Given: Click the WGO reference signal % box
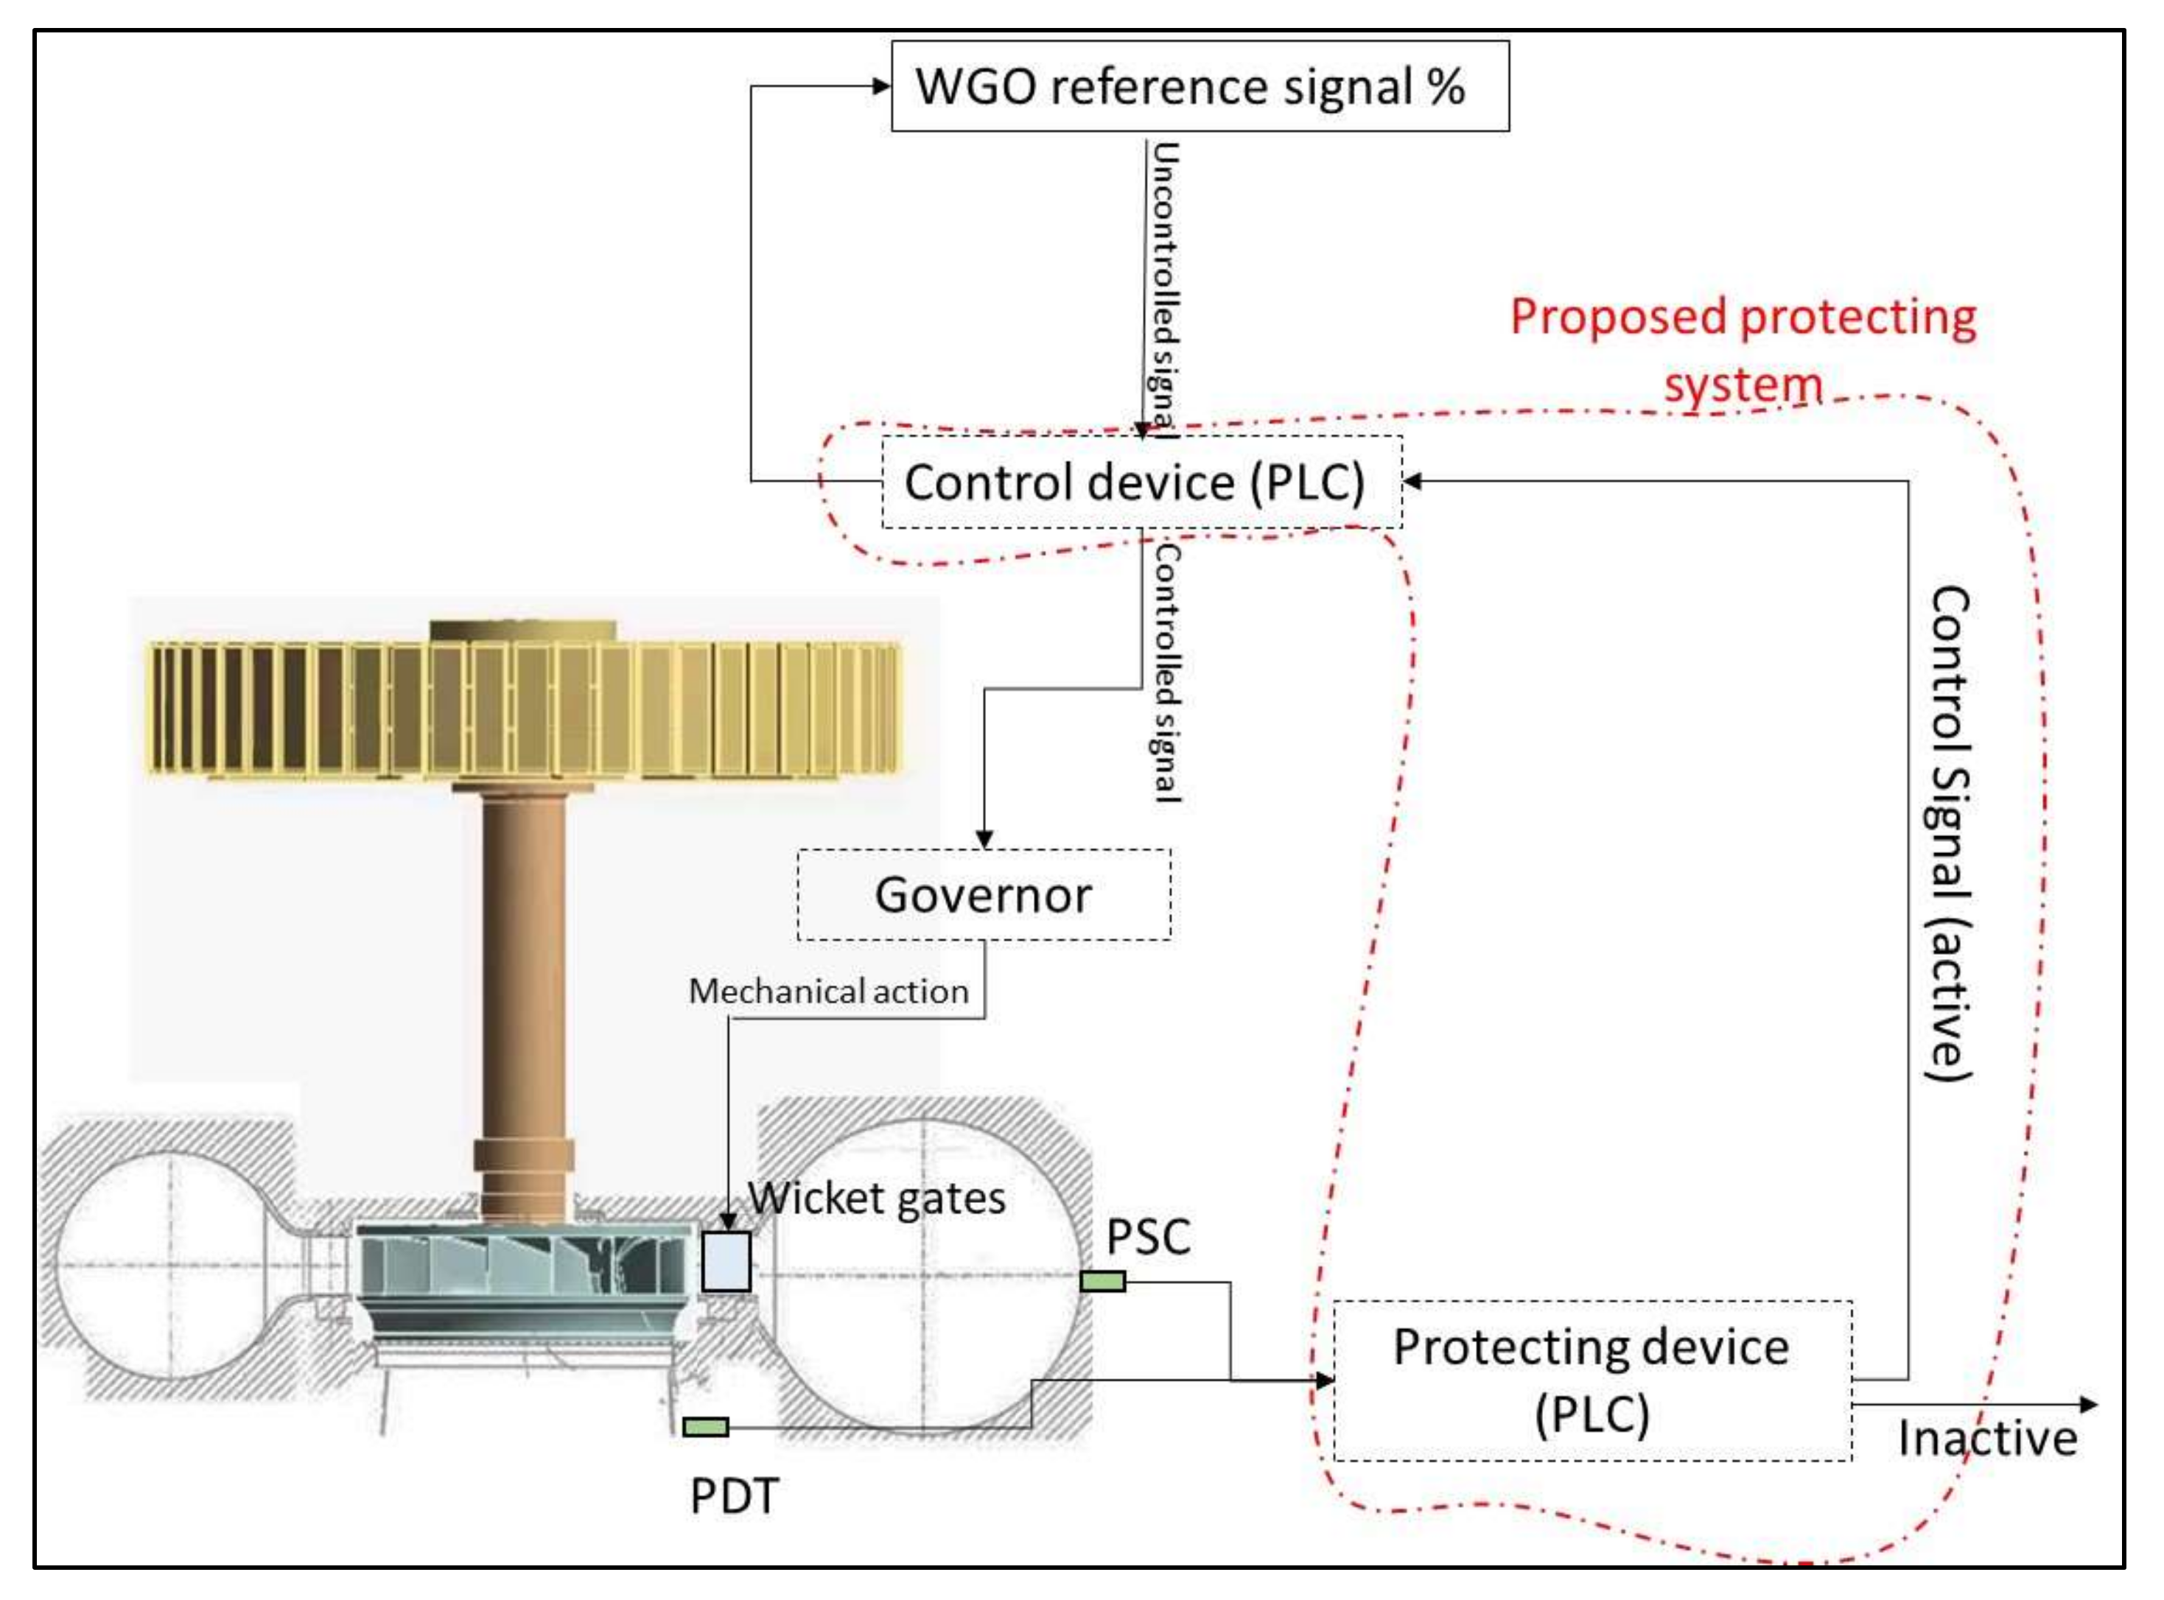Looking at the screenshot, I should click(1200, 86).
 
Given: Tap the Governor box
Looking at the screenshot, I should click(983, 895).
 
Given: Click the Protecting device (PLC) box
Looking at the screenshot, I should click(1592, 1380).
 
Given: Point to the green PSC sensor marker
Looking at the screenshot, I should click(1102, 1281).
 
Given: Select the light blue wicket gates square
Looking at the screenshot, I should click(726, 1261).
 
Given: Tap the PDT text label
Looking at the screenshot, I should click(733, 1496).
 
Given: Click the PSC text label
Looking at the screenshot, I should click(1148, 1237).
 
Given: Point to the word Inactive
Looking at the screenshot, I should click(1986, 1438).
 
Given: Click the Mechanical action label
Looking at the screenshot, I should click(828, 991).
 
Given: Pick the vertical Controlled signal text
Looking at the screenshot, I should click(1166, 673).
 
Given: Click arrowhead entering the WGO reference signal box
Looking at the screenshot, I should click(880, 86).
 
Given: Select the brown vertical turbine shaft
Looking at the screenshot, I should click(524, 997).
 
